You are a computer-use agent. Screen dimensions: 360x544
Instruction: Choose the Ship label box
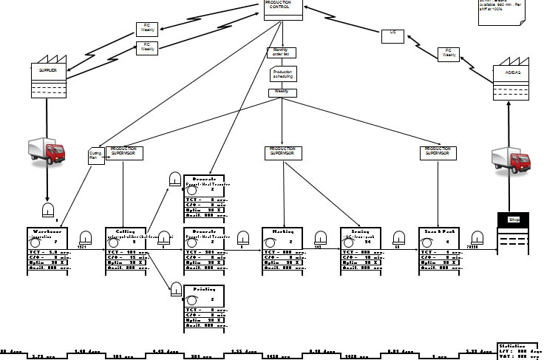(514, 220)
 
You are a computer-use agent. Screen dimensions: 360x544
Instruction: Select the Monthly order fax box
(282, 52)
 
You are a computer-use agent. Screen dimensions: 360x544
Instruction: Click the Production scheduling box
(282, 74)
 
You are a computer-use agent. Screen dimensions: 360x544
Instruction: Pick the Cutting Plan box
(95, 155)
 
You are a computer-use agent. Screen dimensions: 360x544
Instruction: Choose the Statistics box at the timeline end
(520, 350)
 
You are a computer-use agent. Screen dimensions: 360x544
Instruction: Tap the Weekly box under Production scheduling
(282, 93)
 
